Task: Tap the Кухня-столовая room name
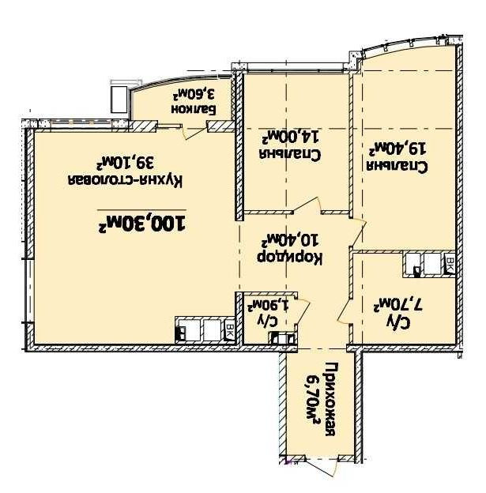coord(125,181)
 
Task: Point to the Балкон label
coord(194,109)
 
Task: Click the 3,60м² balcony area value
coord(194,93)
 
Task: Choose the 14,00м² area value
coord(292,137)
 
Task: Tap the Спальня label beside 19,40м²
coord(397,167)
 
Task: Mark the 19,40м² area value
coord(397,149)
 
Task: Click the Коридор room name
coord(290,258)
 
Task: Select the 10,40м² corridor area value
coord(290,240)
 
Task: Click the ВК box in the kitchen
coord(230,331)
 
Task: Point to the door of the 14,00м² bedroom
coord(308,205)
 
